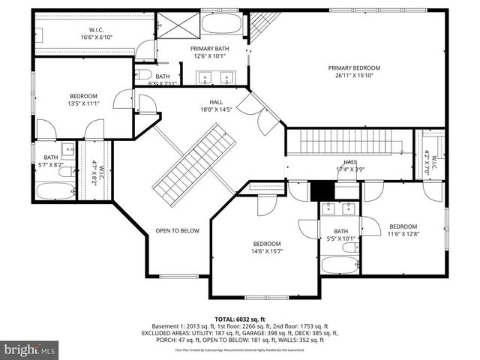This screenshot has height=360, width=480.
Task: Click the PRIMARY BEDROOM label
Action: [354, 68]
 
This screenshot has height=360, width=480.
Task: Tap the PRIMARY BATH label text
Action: [209, 49]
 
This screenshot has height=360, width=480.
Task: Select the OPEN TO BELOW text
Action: [177, 230]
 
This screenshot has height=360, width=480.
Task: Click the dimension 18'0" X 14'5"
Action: [216, 109]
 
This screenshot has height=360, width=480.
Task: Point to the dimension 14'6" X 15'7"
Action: [266, 252]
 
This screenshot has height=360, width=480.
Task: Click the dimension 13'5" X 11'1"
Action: [83, 103]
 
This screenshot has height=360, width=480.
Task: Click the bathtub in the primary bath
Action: [222, 23]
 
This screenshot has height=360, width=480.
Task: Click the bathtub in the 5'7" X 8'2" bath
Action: [55, 190]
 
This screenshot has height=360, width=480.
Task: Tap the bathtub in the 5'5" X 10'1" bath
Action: [340, 264]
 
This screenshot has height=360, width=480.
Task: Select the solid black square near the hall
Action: [321, 191]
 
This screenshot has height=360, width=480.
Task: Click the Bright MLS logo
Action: [30, 349]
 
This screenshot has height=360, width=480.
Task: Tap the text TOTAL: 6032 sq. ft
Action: [239, 318]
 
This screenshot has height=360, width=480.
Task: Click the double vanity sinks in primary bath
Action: [217, 76]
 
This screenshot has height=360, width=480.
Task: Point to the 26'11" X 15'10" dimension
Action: [354, 76]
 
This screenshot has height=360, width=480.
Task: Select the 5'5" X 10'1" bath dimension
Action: [341, 239]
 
